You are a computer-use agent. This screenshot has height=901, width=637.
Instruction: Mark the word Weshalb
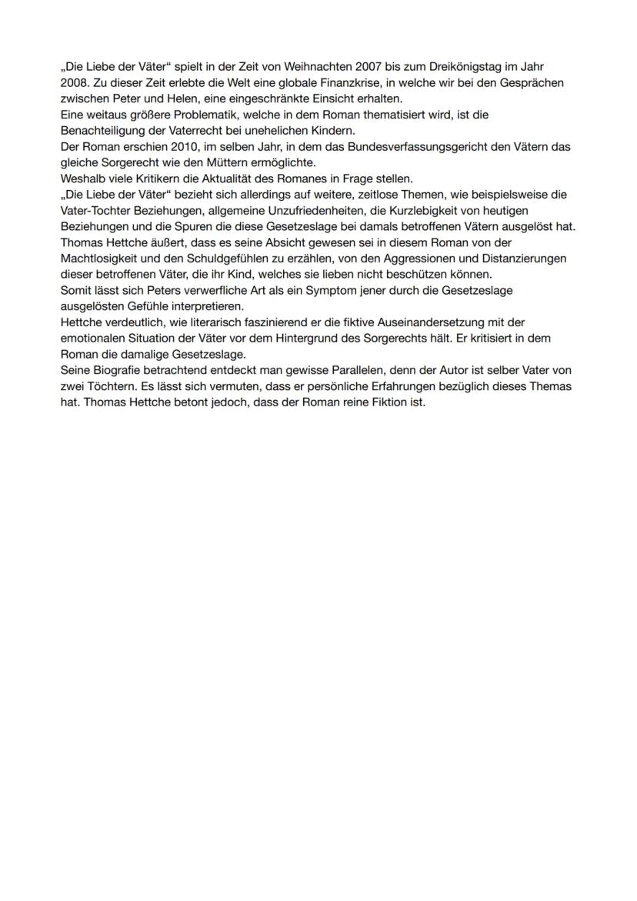point(82,179)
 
